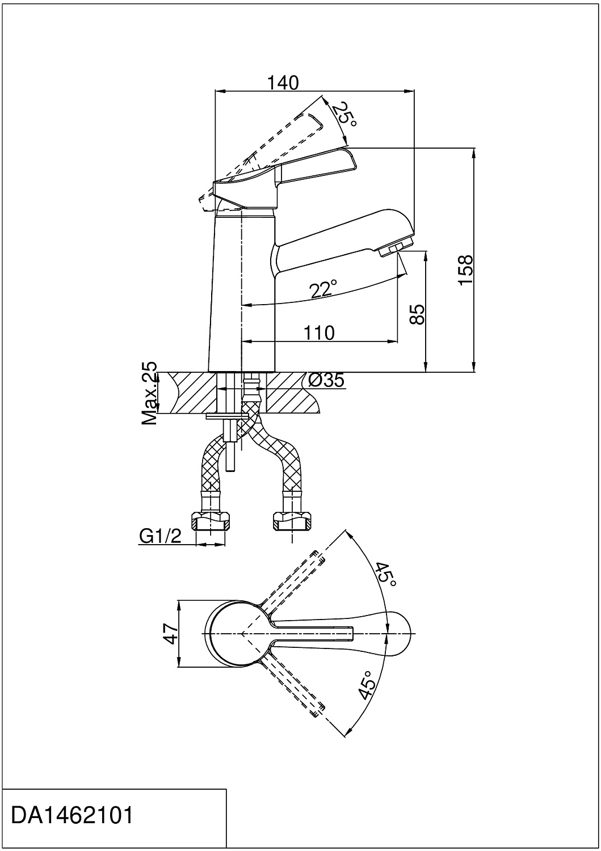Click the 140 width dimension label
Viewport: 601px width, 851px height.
[x=283, y=83]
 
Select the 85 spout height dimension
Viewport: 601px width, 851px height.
[x=417, y=314]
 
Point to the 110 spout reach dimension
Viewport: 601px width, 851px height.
[x=319, y=333]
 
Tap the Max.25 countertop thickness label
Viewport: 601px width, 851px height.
[x=149, y=393]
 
